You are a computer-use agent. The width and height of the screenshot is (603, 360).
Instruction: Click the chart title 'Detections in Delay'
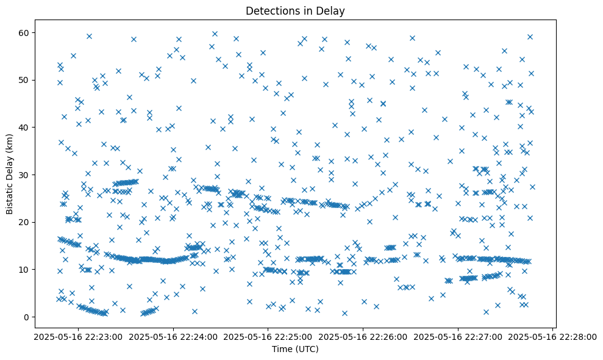[x=294, y=10]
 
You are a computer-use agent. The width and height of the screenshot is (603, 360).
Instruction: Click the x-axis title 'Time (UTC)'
[x=294, y=350]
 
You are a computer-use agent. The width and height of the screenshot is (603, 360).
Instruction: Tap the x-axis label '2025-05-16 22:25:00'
[x=267, y=336]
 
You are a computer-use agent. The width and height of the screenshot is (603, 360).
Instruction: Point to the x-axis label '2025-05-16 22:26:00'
[x=363, y=336]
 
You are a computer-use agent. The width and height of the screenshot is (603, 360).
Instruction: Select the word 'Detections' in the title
[x=273, y=10]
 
